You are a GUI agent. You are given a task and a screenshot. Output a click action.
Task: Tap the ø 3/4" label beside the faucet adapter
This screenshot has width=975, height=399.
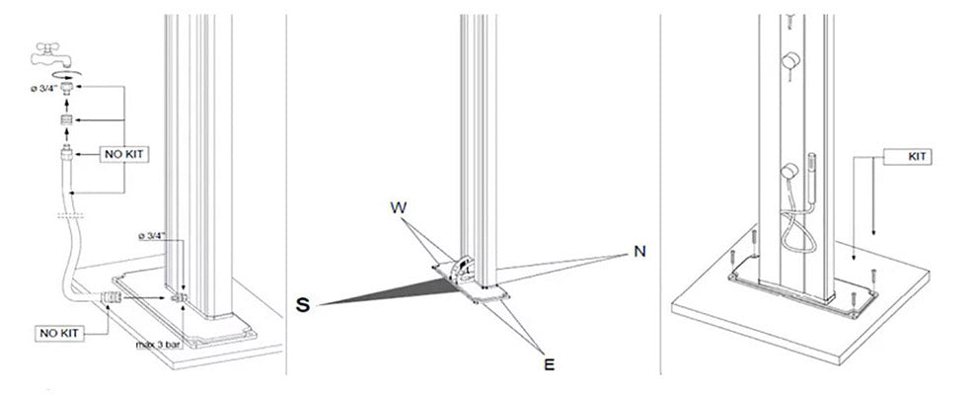[x=44, y=88]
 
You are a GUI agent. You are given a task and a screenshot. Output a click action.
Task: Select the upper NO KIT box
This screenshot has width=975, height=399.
[x=124, y=153]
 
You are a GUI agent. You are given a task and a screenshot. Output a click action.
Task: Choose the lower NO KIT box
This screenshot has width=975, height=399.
[x=59, y=333]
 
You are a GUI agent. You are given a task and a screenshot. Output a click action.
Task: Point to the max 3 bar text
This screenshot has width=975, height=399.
[x=159, y=344]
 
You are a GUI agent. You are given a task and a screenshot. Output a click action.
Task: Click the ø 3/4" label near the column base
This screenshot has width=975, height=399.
[x=152, y=237]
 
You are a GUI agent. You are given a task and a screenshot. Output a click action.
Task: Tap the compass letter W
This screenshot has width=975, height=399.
[x=399, y=207]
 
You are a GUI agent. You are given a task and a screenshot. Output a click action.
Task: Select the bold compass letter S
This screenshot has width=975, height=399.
[x=303, y=305]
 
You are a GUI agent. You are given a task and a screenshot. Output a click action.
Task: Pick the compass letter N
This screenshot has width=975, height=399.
[x=639, y=252]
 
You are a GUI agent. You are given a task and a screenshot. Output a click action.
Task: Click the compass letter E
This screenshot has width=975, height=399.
[x=549, y=364]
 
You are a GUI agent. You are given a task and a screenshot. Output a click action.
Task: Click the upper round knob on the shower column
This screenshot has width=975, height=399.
[x=789, y=60]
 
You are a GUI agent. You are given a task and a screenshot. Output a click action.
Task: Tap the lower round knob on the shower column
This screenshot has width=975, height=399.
[x=789, y=171]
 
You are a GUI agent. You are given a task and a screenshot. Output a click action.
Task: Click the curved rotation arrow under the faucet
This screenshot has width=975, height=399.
[x=65, y=74]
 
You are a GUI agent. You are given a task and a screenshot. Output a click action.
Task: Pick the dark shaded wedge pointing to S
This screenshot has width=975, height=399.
[x=386, y=291]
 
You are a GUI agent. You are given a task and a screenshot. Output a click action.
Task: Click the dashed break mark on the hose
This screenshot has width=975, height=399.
[x=70, y=216]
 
